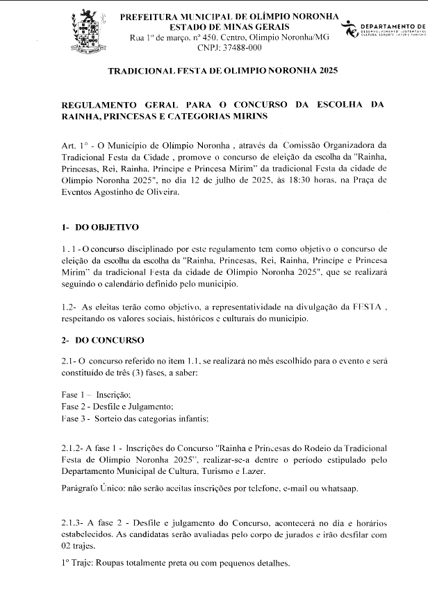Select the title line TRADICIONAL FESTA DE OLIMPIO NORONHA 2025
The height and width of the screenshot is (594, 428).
220,71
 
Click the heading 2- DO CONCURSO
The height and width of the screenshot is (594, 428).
102,340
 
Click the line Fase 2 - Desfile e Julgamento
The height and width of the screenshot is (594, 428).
117,406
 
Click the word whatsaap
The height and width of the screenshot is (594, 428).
338,488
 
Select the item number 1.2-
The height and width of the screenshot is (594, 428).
70,306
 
